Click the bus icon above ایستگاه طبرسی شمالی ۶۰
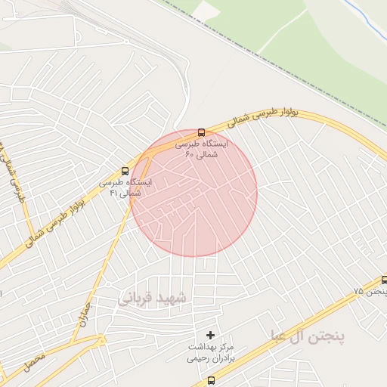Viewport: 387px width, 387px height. tap(200, 132)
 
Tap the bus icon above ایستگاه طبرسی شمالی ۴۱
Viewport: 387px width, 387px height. tap(125, 172)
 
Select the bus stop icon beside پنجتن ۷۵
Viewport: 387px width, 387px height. tap(384, 280)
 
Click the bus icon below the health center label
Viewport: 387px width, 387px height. tap(210, 380)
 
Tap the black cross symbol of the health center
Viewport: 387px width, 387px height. tap(210, 334)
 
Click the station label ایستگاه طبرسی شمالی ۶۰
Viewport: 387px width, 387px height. tap(201, 148)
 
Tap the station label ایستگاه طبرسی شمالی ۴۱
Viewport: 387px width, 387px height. tap(125, 187)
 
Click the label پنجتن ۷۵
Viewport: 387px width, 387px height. tap(370, 291)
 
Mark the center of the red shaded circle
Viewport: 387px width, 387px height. tap(194, 193)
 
